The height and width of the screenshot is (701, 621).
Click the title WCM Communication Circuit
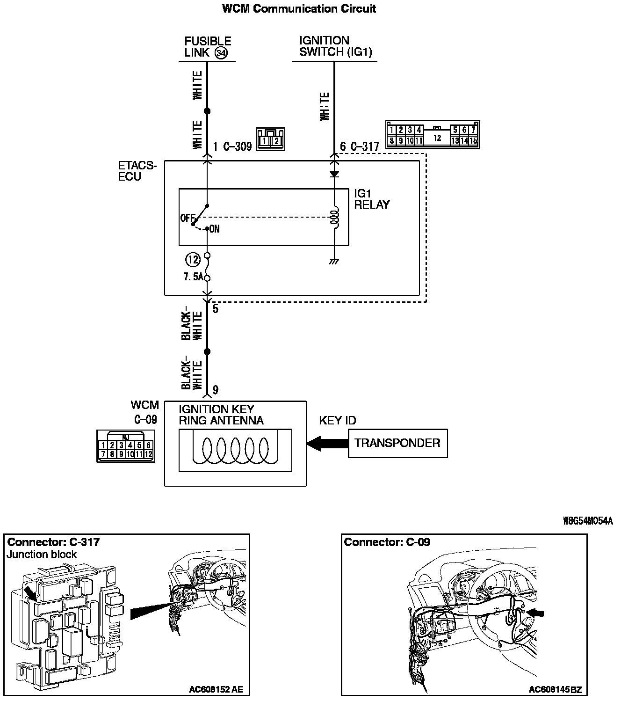click(299, 8)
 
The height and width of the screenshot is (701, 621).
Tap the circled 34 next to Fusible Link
click(221, 53)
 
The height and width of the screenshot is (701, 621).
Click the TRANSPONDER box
click(397, 443)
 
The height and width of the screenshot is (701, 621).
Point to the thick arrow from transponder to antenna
click(327, 443)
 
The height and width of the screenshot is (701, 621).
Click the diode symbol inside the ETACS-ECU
click(334, 174)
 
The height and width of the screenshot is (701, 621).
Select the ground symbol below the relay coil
click(334, 262)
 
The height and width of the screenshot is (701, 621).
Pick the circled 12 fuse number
click(193, 259)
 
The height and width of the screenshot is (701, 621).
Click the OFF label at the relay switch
click(187, 218)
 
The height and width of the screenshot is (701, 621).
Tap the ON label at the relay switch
click(214, 229)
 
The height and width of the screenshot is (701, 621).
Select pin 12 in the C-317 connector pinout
click(437, 138)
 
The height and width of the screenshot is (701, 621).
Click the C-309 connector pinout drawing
click(270, 139)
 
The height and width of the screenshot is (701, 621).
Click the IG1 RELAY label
click(371, 199)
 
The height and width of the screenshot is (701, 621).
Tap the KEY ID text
click(337, 420)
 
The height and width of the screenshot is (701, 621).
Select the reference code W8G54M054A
click(588, 521)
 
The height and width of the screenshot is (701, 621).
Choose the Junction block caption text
click(42, 555)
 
